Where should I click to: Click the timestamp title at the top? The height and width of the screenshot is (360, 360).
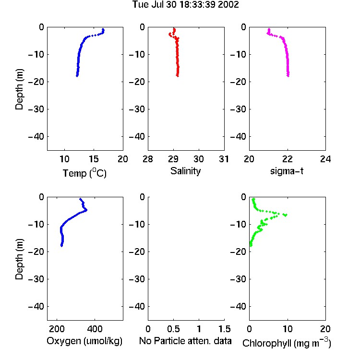(x=185, y=5)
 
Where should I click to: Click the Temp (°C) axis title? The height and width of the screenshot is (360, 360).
(x=84, y=173)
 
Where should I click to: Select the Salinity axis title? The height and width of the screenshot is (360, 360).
(x=185, y=171)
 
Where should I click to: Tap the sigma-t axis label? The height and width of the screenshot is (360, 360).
(x=287, y=171)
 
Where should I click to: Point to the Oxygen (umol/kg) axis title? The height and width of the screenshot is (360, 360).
(x=84, y=341)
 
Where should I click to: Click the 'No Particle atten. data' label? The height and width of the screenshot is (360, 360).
(x=185, y=341)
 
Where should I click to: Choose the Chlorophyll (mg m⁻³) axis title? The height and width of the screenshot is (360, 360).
(x=287, y=342)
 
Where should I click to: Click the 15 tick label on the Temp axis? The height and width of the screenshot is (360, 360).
(x=94, y=159)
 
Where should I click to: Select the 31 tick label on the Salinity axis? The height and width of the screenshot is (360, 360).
(x=224, y=159)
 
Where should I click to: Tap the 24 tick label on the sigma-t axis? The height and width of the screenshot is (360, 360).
(x=325, y=159)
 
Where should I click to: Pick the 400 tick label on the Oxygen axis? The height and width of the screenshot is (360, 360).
(x=95, y=329)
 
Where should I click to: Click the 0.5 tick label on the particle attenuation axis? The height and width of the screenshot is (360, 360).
(x=173, y=329)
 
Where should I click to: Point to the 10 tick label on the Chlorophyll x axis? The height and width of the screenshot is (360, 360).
(x=288, y=329)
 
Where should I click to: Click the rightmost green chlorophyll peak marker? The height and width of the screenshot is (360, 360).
(x=286, y=215)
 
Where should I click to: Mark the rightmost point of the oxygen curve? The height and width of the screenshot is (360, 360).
(x=86, y=210)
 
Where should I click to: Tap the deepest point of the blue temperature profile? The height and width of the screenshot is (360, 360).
(x=77, y=75)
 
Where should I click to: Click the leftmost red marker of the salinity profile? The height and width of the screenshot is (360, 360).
(x=170, y=34)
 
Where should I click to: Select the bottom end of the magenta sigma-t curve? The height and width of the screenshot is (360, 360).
(x=288, y=75)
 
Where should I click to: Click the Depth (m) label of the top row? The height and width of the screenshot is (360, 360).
(x=19, y=89)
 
